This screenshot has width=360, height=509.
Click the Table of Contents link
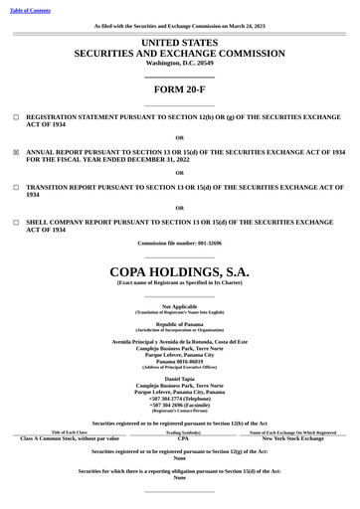click(30, 10)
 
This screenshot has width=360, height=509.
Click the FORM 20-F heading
click(179, 88)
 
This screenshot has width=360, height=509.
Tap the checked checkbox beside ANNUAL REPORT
click(16, 152)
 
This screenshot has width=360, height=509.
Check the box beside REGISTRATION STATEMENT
click(16, 116)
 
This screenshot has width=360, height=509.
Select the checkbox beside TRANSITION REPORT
click(16, 187)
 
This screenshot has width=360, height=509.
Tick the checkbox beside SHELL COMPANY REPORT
click(16, 223)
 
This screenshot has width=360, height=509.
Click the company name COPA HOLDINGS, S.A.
click(179, 270)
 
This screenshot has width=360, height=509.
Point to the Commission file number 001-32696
click(179, 244)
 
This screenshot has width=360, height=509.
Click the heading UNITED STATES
click(179, 43)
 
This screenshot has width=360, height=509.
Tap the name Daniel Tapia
click(179, 379)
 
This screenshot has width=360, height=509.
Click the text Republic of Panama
click(179, 324)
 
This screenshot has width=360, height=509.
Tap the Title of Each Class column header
click(70, 432)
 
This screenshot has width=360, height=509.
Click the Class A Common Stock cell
click(70, 438)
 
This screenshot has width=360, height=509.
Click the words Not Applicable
click(179, 306)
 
